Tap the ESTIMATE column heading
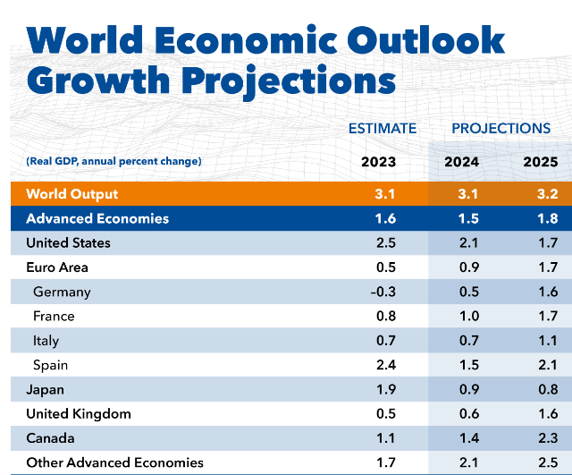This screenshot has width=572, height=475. pyautogui.click(x=383, y=129)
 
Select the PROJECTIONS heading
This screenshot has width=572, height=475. pyautogui.click(x=500, y=129)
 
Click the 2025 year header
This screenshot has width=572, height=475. pyautogui.click(x=540, y=162)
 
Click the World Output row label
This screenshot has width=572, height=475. pyautogui.click(x=72, y=194)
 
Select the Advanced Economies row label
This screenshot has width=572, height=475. pyautogui.click(x=97, y=218)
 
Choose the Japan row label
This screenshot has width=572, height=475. pyautogui.click(x=45, y=389)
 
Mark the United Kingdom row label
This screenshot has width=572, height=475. pyautogui.click(x=79, y=413)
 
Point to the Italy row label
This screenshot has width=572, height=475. pyautogui.click(x=46, y=341)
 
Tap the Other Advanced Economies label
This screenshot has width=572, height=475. pyautogui.click(x=114, y=462)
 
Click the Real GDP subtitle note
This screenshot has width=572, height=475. pyautogui.click(x=114, y=161)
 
